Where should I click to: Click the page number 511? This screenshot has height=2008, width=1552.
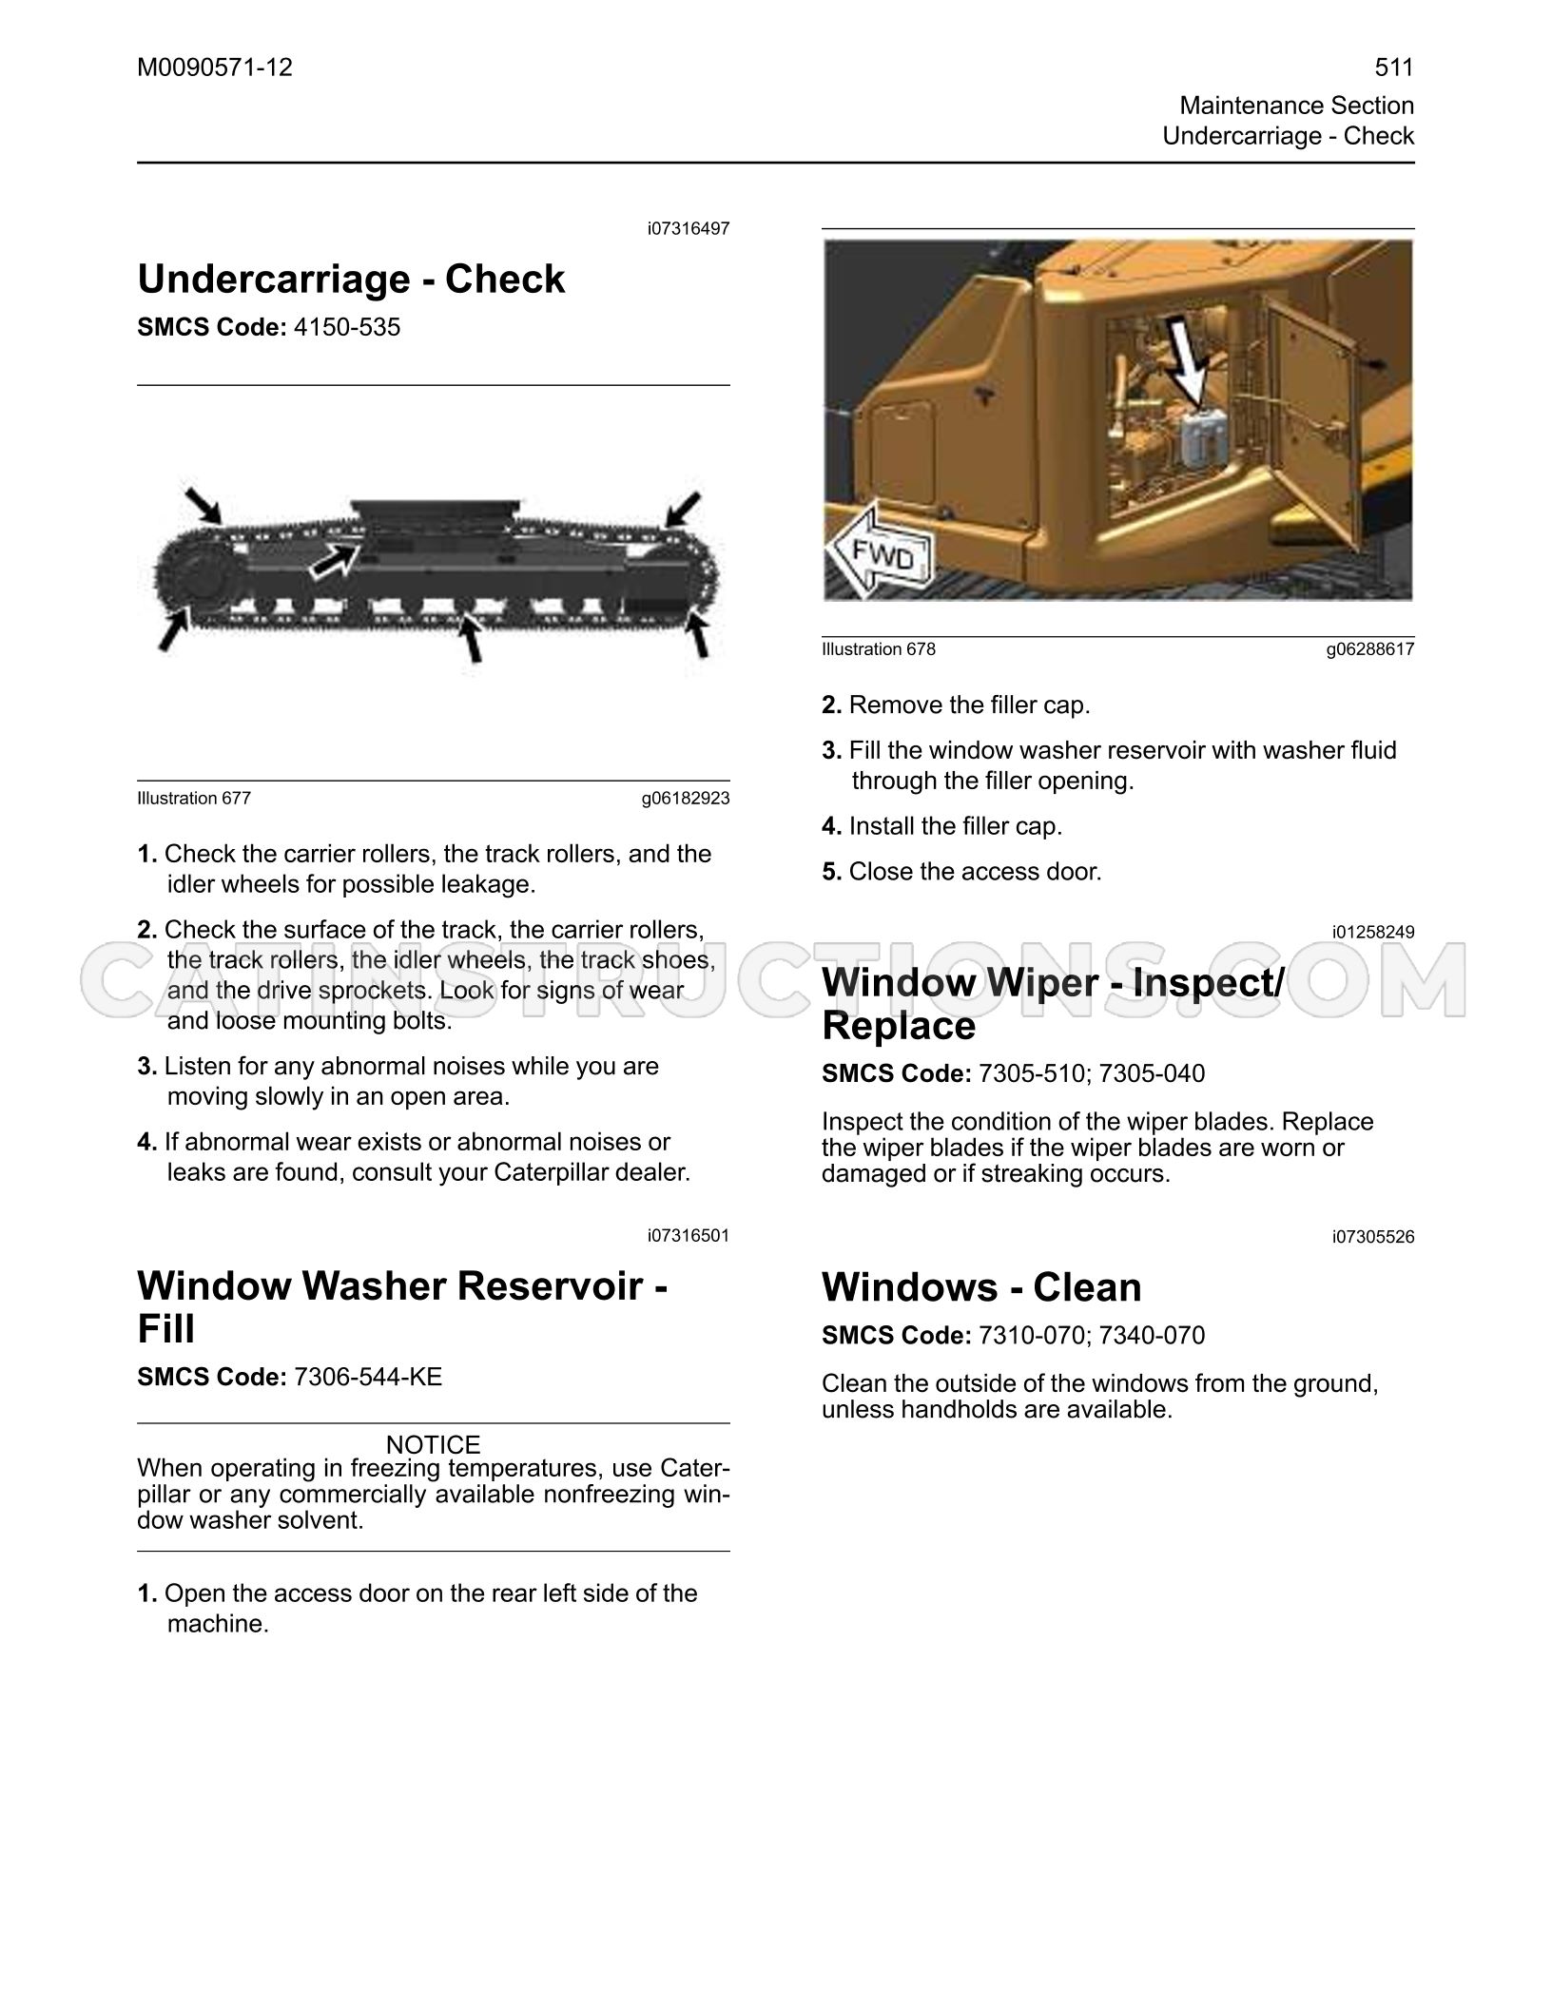(1394, 68)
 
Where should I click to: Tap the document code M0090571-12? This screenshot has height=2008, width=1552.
(215, 68)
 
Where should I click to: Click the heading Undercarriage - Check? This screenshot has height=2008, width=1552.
(351, 279)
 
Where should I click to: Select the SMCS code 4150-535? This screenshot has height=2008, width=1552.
(347, 327)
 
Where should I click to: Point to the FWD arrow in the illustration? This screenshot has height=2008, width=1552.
(881, 554)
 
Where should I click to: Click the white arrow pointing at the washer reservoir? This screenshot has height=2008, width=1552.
(1184, 362)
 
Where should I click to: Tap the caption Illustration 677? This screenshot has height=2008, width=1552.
(194, 798)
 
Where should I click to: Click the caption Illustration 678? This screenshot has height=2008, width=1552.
(879, 649)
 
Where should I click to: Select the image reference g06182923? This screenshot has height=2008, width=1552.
(686, 798)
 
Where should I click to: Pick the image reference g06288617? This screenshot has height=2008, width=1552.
(1370, 649)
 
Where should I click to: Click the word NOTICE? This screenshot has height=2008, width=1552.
(434, 1444)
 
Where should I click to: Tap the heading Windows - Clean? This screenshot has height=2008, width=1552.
(981, 1286)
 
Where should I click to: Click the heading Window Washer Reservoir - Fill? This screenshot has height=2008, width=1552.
(402, 1306)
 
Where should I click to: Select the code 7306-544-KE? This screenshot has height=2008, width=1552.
(368, 1377)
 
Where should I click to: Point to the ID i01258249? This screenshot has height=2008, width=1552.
(1373, 932)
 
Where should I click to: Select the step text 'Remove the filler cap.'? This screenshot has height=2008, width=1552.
(969, 705)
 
